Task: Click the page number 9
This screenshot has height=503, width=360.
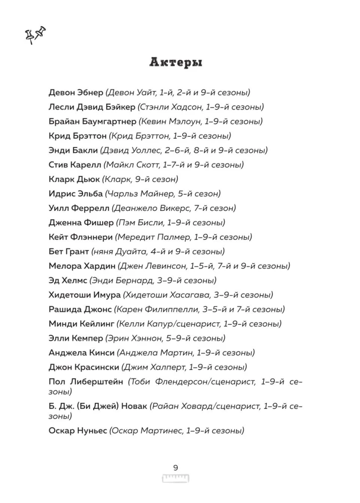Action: pyautogui.click(x=175, y=468)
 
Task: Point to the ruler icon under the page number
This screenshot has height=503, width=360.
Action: pyautogui.click(x=175, y=478)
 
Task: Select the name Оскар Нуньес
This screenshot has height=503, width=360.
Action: pyautogui.click(x=78, y=430)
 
